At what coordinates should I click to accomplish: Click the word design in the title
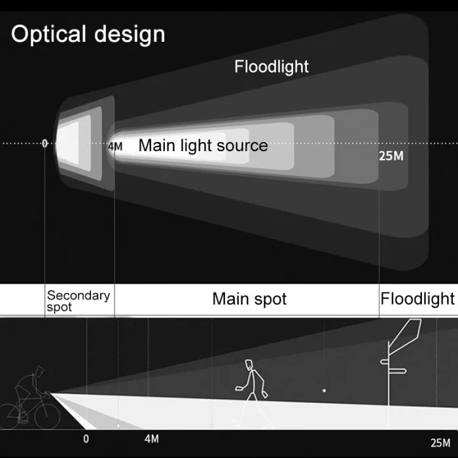pyautogui.click(x=130, y=34)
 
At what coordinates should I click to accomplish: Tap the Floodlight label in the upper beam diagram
pyautogui.click(x=272, y=66)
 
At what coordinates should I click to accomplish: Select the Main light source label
pyautogui.click(x=203, y=145)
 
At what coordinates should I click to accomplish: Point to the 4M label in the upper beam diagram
pyautogui.click(x=114, y=147)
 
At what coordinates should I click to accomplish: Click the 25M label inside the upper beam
pyautogui.click(x=391, y=156)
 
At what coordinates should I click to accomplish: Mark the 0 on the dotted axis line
pyautogui.click(x=44, y=143)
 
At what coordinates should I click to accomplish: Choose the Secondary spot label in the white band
pyautogui.click(x=78, y=301)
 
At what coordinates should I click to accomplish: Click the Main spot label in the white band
pyautogui.click(x=249, y=300)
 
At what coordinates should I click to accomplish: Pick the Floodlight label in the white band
pyautogui.click(x=417, y=299)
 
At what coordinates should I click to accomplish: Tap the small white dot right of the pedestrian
pyautogui.click(x=323, y=390)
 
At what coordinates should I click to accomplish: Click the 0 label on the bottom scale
pyautogui.click(x=86, y=439)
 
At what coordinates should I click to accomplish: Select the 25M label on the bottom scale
pyautogui.click(x=440, y=442)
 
